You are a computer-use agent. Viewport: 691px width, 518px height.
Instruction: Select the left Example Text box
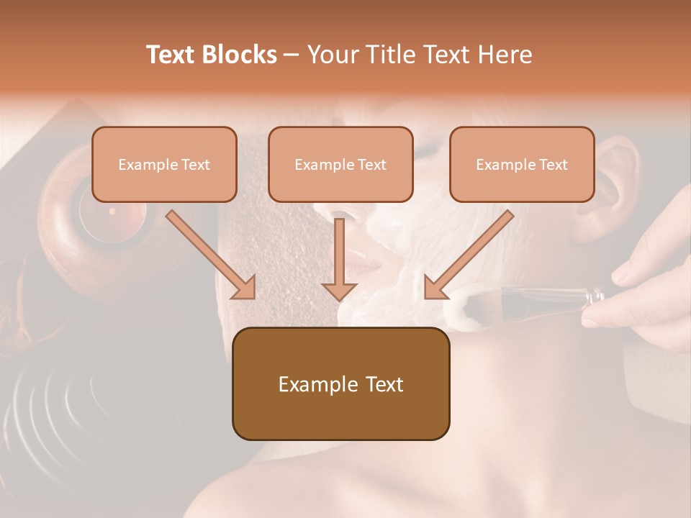164,164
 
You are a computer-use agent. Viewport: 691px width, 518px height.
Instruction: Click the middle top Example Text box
340,164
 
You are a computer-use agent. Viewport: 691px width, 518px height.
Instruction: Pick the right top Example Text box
522,164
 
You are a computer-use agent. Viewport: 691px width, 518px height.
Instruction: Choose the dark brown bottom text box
340,383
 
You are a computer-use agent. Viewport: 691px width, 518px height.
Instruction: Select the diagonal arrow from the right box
469,255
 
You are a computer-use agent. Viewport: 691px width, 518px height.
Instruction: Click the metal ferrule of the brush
594,294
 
